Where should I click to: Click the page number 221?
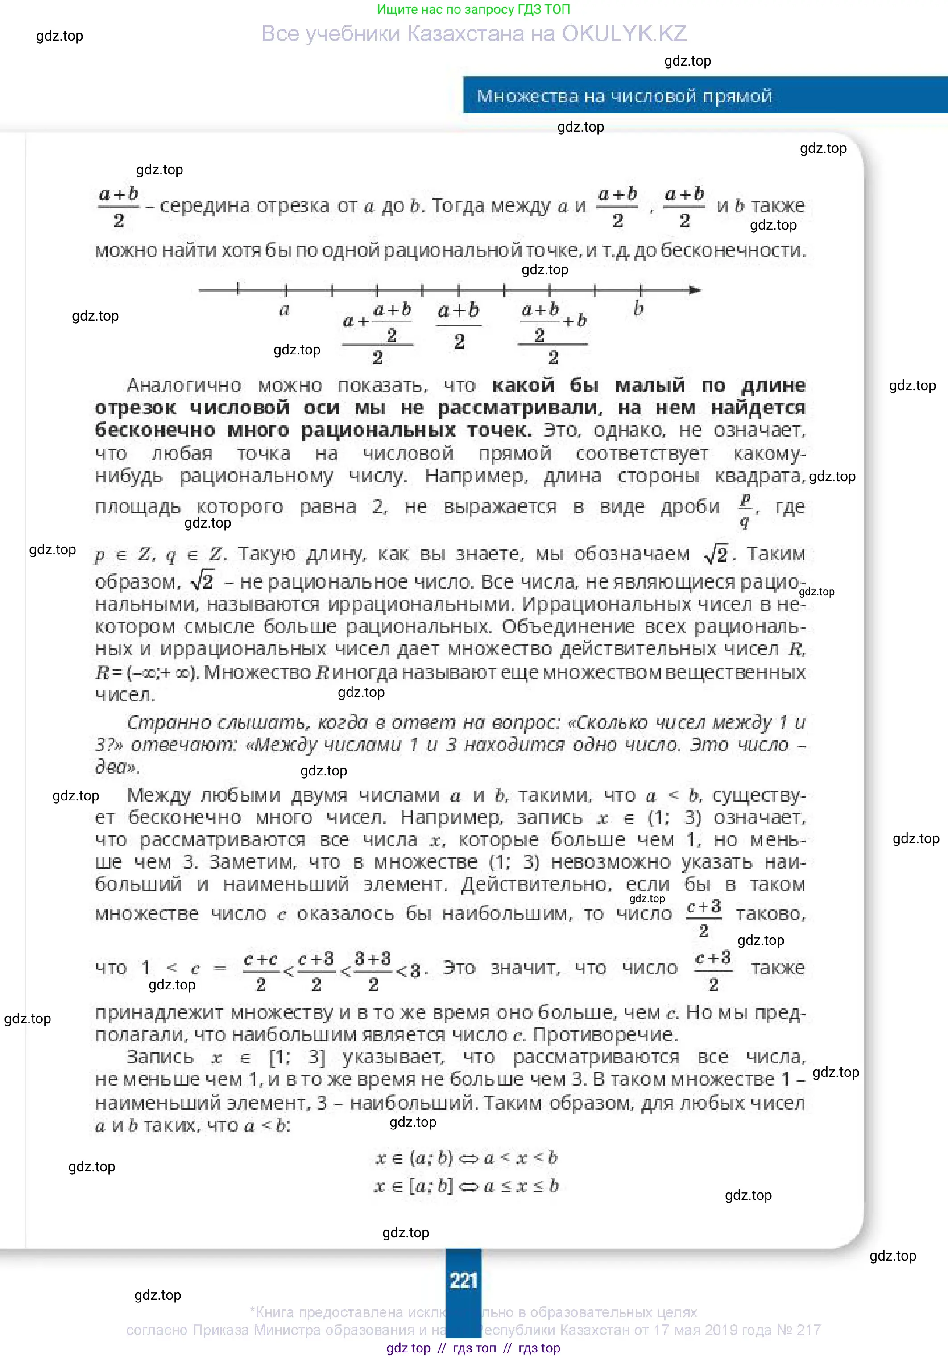coord(464,1281)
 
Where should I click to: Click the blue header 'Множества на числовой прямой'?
coord(624,96)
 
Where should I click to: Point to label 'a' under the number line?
coord(285,310)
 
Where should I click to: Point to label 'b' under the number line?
coord(638,309)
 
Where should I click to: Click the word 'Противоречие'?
coord(604,1035)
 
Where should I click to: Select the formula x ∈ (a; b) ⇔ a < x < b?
coord(466,1158)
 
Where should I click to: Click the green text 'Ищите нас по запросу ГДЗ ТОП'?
coord(473,9)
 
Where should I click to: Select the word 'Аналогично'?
coord(184,386)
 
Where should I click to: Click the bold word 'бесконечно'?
coord(155,430)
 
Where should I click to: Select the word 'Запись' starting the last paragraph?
coord(160,1057)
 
